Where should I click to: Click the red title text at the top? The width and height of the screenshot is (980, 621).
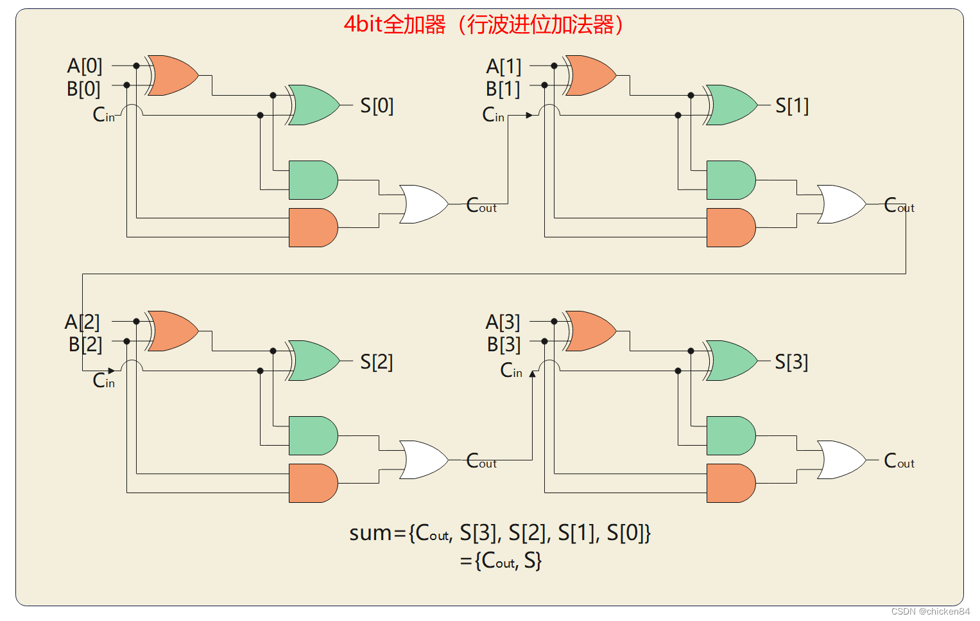(483, 25)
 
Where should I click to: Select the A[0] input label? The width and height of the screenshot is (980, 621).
(85, 66)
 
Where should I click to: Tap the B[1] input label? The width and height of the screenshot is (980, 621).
(503, 89)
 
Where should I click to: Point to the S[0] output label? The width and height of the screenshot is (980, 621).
(377, 105)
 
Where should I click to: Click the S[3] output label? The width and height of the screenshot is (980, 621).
(791, 362)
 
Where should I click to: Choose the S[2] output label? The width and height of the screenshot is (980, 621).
(376, 362)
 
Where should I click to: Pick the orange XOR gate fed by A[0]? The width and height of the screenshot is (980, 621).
(172, 75)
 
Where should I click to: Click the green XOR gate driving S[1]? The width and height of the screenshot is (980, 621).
(731, 105)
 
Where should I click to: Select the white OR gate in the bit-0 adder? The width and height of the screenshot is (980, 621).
(423, 204)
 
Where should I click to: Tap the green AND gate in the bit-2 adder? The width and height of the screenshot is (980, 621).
(313, 435)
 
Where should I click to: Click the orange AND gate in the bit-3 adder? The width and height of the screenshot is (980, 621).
(730, 483)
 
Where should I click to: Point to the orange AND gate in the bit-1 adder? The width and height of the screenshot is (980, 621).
(730, 227)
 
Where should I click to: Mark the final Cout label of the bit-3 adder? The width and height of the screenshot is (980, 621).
(898, 461)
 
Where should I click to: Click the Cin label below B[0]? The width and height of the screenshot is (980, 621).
(103, 115)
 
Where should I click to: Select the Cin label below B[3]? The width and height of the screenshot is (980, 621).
(511, 371)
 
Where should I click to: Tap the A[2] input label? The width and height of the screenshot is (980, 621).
(82, 322)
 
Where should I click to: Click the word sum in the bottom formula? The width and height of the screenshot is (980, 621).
(370, 533)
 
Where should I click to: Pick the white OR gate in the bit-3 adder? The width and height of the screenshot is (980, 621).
(841, 460)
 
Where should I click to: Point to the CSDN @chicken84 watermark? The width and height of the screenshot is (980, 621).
(930, 611)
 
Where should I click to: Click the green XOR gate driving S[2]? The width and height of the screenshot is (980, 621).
(313, 361)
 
